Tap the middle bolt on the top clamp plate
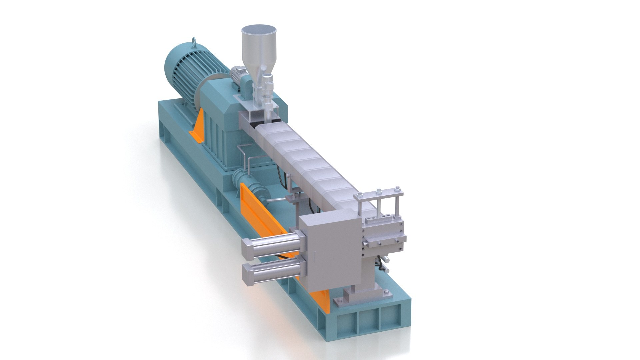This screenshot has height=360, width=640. [378, 192]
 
